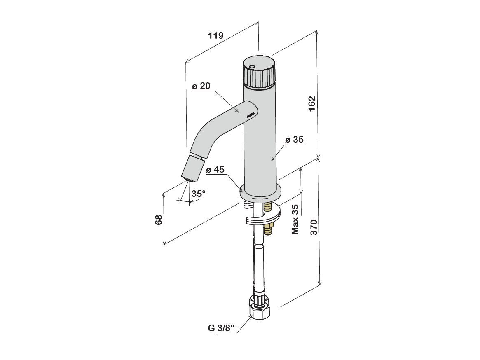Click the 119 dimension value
215,35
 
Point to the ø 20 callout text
201,86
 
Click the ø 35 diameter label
295,140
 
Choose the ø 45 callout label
215,170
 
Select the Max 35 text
295,220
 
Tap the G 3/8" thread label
221,328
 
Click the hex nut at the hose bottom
259,309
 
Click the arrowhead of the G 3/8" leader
252,317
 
